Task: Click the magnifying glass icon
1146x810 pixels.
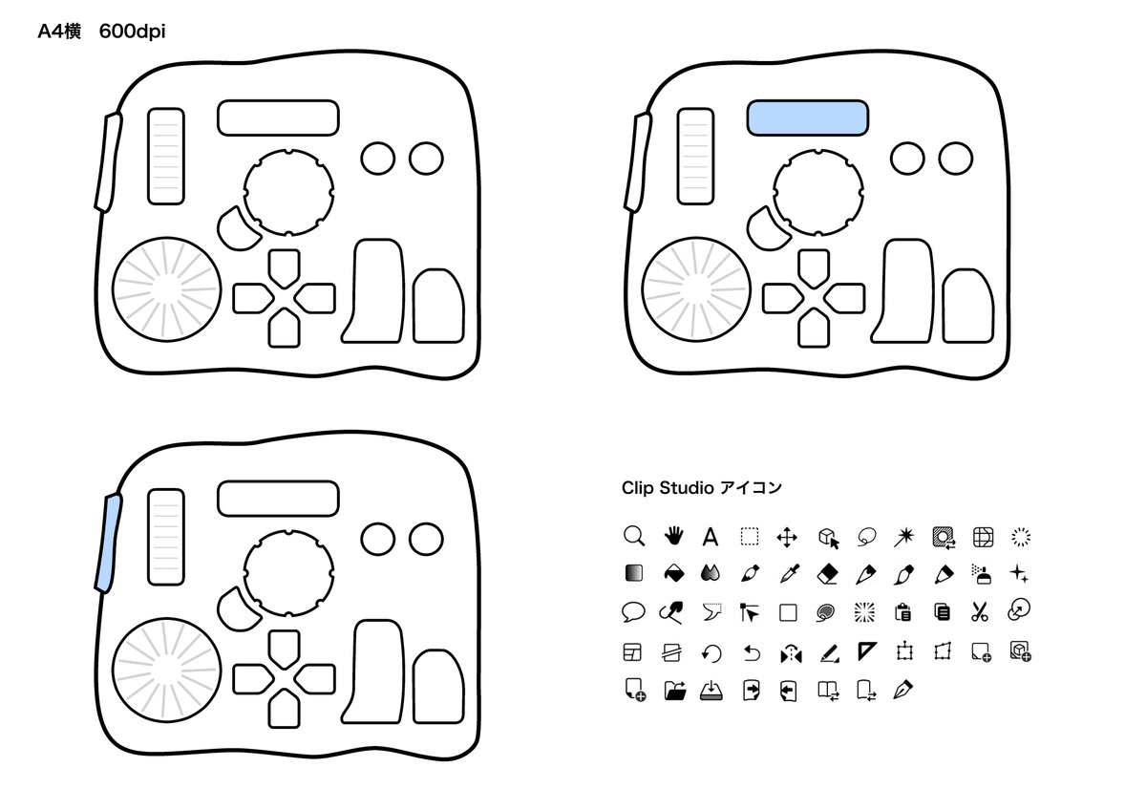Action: (633, 536)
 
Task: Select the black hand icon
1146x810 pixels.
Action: (673, 536)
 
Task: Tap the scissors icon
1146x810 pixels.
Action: (979, 611)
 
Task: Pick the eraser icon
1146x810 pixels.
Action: (827, 574)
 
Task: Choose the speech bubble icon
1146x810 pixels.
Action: (633, 612)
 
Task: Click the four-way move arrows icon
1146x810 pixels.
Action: (787, 538)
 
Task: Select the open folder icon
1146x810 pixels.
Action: (675, 691)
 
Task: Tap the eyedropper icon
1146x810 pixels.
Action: (789, 574)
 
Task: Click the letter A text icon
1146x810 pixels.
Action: (711, 537)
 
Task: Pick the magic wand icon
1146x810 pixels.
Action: (904, 537)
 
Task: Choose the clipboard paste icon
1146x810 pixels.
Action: (903, 612)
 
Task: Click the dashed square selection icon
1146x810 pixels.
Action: (750, 537)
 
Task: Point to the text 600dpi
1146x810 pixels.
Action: (132, 32)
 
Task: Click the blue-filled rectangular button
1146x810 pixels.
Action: (807, 117)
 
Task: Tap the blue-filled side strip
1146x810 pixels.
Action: (108, 543)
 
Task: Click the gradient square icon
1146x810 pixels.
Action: (634, 573)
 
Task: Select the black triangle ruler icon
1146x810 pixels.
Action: (865, 650)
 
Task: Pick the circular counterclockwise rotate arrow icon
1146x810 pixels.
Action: (711, 653)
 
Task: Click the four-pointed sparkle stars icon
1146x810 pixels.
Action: (1019, 574)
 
